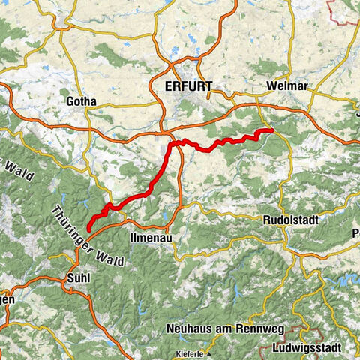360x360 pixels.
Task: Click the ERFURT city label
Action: [187, 88]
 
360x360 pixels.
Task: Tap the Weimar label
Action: [286, 87]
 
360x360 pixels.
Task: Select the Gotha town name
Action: [82, 100]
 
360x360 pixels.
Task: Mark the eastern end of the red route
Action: [271, 131]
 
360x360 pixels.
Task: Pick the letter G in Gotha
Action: [70, 100]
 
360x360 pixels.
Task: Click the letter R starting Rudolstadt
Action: [268, 220]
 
